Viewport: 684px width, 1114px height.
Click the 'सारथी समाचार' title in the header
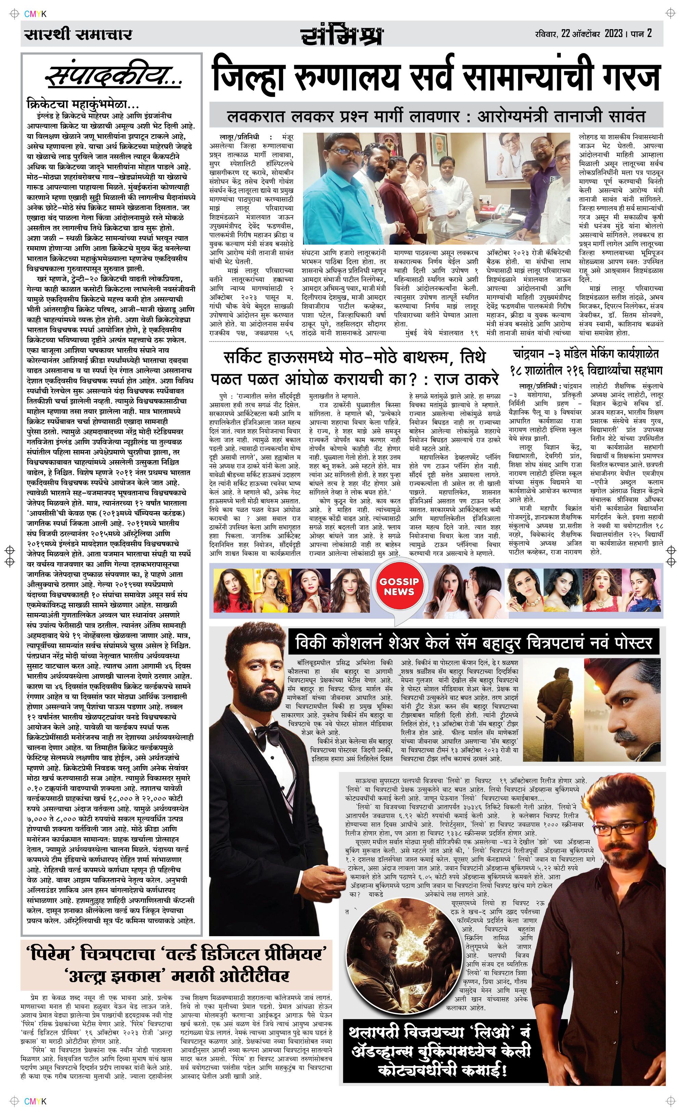[x=78, y=34]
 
